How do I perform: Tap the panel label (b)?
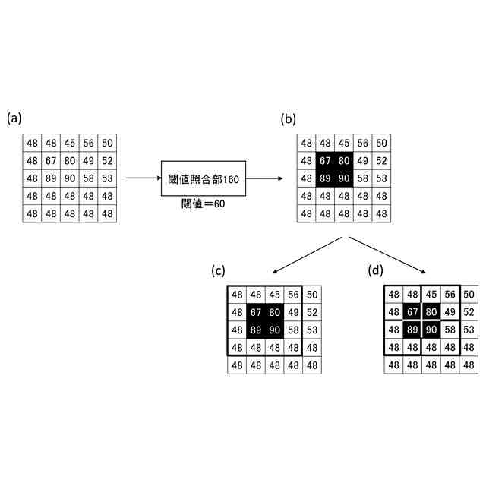click(289, 118)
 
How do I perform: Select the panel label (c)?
click(219, 270)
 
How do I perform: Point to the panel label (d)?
click(376, 270)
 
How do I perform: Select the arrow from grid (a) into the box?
click(142, 178)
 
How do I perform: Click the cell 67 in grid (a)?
click(51, 161)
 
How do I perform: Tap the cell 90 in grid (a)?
click(70, 178)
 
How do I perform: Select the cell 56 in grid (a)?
click(89, 143)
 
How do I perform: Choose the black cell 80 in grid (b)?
click(344, 161)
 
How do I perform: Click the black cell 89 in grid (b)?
click(325, 178)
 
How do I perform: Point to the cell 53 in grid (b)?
click(382, 178)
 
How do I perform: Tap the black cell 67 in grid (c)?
click(256, 312)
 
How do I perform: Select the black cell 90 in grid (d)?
click(431, 330)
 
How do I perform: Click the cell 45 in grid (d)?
click(431, 294)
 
